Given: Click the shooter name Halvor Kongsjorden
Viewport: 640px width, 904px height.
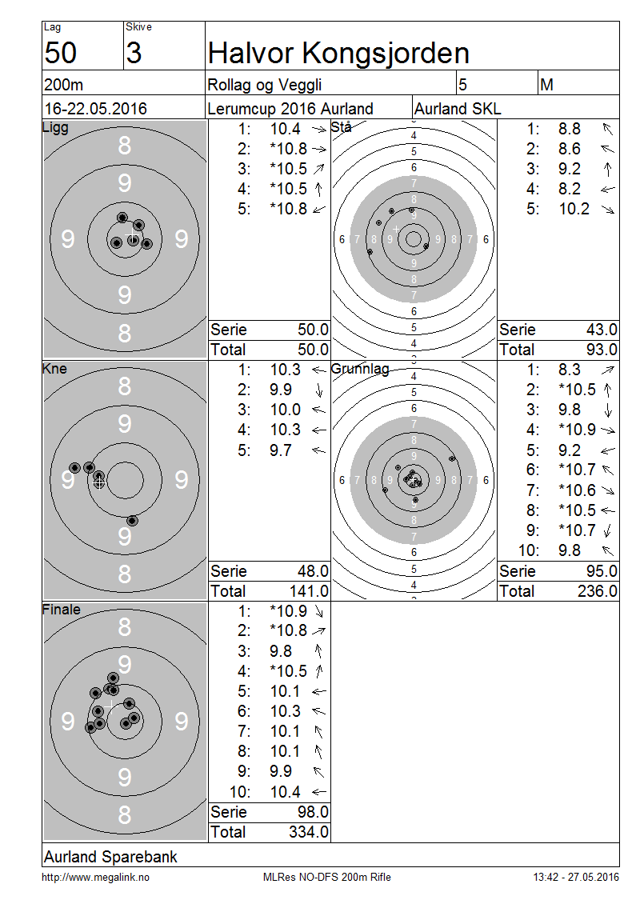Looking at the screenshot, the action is tap(338, 53).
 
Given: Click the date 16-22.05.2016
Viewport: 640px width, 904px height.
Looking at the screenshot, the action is tap(96, 108).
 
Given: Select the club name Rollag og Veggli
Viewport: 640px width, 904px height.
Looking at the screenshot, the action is tap(265, 86).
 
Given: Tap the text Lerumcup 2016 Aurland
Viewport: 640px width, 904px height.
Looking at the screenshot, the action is tap(290, 108).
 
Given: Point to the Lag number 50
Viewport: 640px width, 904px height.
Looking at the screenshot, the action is tap(61, 53).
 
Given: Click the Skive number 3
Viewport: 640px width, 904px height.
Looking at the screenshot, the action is tap(134, 53).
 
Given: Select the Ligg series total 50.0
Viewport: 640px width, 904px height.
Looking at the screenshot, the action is tap(313, 330).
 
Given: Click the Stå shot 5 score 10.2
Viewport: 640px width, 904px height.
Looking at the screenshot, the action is tap(574, 209).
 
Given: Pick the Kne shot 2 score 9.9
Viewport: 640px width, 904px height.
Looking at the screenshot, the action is tap(281, 390).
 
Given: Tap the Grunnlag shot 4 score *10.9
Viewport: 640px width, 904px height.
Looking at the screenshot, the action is tap(577, 430).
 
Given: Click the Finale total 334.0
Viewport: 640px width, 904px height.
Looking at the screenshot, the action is tap(309, 832).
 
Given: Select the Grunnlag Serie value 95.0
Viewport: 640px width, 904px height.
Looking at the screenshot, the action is tap(602, 571).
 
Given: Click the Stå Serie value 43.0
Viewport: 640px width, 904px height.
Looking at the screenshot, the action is tap(602, 330).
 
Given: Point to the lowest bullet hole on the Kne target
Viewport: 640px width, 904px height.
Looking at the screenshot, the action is tap(133, 521).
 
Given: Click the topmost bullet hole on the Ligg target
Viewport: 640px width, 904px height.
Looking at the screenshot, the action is tap(122, 218).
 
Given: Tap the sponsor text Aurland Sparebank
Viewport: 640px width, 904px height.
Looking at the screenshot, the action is tap(110, 857).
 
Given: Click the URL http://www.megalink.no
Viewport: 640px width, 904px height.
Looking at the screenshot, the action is tap(96, 878).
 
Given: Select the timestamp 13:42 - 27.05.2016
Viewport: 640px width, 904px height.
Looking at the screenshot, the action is tap(576, 878).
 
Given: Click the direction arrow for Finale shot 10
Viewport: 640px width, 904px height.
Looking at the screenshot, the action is tap(319, 792).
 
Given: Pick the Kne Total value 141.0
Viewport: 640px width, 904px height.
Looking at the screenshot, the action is tap(309, 591).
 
